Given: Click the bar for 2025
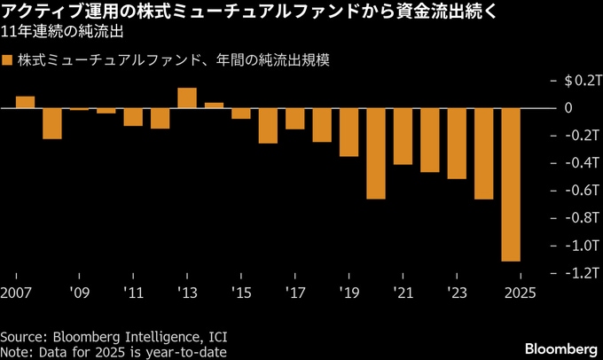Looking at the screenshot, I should [x=511, y=184].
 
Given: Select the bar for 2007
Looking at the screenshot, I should [x=25, y=102].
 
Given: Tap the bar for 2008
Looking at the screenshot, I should [x=52, y=123].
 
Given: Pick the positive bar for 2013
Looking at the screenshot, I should [x=187, y=98].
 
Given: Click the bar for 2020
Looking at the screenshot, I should [x=376, y=153].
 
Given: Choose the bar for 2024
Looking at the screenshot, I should [x=484, y=153].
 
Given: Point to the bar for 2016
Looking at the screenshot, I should [x=268, y=125].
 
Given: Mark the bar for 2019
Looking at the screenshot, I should [x=348, y=132].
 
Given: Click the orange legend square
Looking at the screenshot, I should [x=7, y=61].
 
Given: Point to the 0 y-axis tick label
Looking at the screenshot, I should [x=569, y=108].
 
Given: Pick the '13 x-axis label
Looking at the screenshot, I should [x=187, y=293].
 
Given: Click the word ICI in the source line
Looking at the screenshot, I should [x=216, y=338].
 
